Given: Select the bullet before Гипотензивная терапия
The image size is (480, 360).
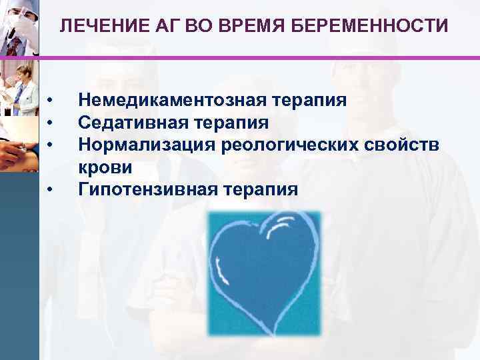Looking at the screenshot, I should [x=51, y=189].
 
